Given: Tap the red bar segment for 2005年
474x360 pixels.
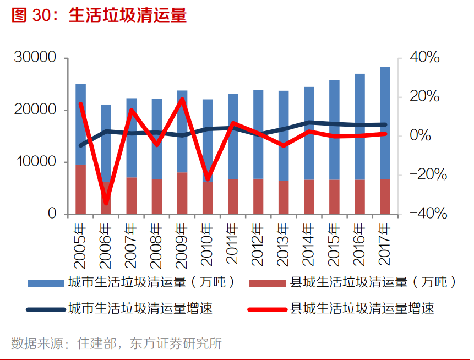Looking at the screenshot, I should (81, 189).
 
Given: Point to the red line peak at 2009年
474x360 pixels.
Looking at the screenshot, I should (182, 100).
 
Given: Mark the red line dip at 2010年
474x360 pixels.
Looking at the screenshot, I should (208, 180).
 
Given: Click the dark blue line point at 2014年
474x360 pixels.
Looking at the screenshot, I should (309, 123).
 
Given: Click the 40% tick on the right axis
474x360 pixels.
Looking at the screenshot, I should (424, 58).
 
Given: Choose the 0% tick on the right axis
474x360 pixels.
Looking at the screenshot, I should (421, 136).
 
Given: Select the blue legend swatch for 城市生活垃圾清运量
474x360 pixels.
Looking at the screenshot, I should (45, 283).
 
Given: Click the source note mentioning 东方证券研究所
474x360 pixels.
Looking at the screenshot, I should (116, 343).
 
